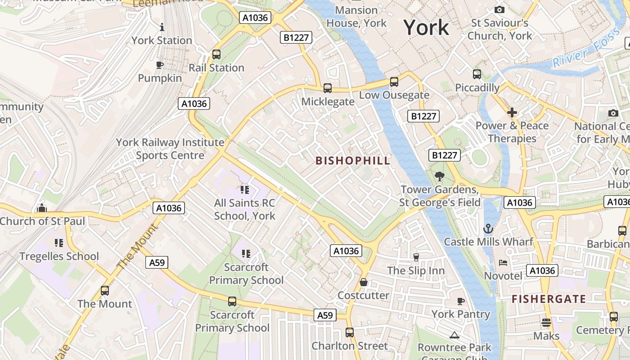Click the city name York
click(426, 28)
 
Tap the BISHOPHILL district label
click(353, 161)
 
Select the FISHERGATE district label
click(549, 299)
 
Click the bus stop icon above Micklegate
click(328, 88)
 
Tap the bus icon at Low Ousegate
click(394, 82)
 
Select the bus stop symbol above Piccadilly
click(477, 74)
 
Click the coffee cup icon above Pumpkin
click(160, 65)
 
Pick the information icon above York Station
click(162, 27)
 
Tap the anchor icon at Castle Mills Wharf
click(488, 229)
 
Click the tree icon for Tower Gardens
click(439, 176)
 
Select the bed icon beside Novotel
click(503, 263)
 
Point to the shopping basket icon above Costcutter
click(364, 282)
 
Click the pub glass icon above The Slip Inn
click(416, 257)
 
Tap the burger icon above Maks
click(546, 322)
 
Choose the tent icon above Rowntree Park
click(454, 334)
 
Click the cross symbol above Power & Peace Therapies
click(512, 112)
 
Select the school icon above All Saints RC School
click(245, 190)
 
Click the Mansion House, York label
click(356, 16)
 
